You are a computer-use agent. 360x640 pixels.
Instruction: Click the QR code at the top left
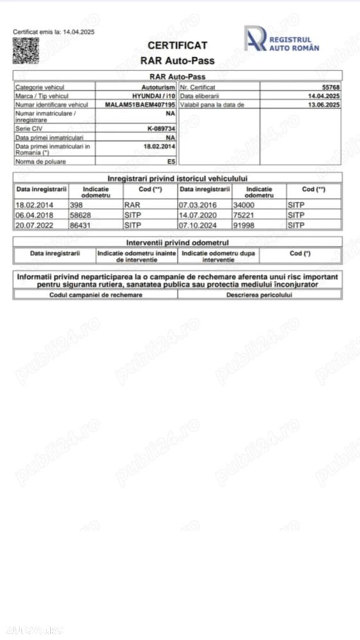pyautogui.click(x=26, y=51)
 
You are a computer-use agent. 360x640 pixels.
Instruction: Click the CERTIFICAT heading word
pyautogui.click(x=177, y=45)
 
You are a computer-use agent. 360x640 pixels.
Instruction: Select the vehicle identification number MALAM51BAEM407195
pyautogui.click(x=140, y=104)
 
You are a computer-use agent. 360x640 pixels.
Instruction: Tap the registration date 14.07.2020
pyautogui.click(x=195, y=215)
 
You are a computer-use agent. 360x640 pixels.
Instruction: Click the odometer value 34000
pyautogui.click(x=244, y=204)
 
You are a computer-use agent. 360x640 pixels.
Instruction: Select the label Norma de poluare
pyautogui.click(x=41, y=161)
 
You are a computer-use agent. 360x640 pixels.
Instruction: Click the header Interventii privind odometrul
pyautogui.click(x=177, y=243)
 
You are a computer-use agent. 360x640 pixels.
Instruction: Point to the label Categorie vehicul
pyautogui.click(x=40, y=86)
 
